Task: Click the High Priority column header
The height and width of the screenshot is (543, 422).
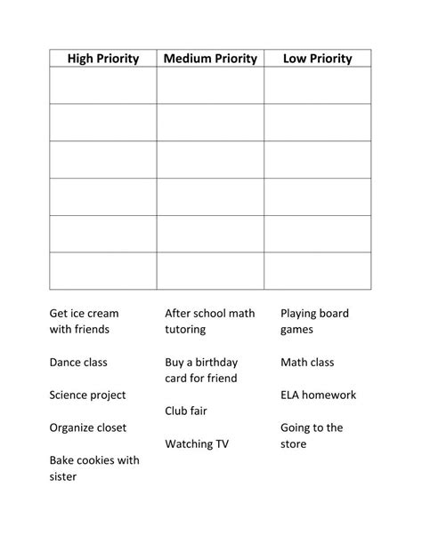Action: [x=103, y=59]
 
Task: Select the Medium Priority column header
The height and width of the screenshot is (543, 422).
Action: [x=210, y=59]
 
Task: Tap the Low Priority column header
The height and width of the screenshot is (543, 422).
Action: [x=317, y=59]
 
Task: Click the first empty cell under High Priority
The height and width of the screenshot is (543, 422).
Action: [x=103, y=85]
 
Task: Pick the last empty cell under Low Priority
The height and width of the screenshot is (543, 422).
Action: [x=317, y=271]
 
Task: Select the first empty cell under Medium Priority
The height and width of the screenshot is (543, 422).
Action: [x=210, y=85]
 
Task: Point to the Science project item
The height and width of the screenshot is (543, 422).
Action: [x=87, y=395]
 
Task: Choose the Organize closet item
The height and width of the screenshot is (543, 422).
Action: [x=87, y=427]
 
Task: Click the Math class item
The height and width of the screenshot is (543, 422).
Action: [x=307, y=363]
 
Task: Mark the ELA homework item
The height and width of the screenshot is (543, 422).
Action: [x=318, y=395]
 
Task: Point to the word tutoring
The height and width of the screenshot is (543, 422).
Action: [x=185, y=330]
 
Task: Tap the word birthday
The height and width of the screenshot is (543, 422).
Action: [x=213, y=363]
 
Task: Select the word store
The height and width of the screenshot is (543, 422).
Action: [x=294, y=443]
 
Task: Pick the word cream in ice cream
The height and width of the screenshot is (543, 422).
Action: [x=102, y=314]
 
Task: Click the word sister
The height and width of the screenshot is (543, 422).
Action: [x=62, y=476]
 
